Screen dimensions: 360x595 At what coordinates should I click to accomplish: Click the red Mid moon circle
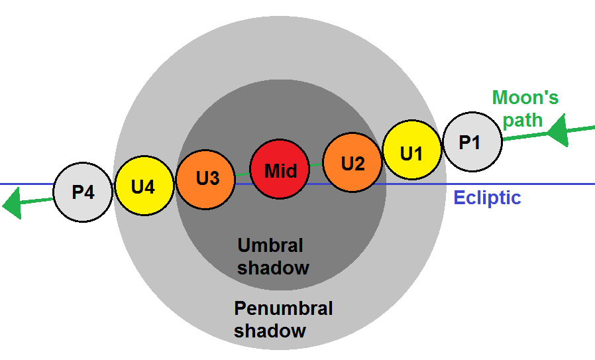pos(280,170)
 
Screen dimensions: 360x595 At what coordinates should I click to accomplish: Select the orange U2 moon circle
pos(352,162)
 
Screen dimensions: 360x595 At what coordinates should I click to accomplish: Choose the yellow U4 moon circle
pos(144,186)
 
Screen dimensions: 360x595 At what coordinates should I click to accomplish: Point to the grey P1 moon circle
pos(472,141)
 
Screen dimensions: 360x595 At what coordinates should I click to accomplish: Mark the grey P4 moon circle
pos(83,192)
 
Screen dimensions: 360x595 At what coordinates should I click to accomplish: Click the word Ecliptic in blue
pos(487,198)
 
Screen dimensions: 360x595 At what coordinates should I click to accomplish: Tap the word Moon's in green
pos(525,98)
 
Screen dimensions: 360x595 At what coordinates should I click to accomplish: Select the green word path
pos(522,121)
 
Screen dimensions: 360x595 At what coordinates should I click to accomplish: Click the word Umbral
pos(270,245)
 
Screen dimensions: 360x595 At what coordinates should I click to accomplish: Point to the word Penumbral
pos(283,308)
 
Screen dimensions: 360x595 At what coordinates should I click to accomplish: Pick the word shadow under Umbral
pos(273,268)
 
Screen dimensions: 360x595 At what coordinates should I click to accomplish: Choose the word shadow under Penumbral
pos(270,330)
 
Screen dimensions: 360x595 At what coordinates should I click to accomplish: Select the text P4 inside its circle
pos(83,193)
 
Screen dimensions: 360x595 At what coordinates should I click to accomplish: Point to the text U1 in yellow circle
pos(411,152)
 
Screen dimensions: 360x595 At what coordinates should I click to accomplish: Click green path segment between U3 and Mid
pos(243,174)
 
